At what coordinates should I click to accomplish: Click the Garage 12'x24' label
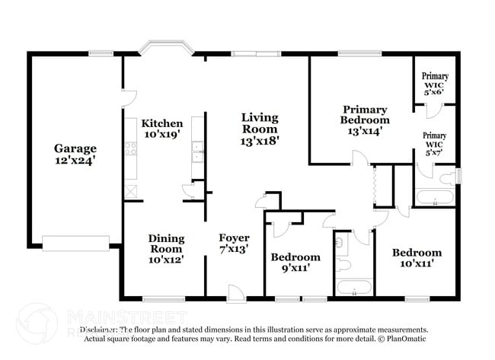pyautogui.click(x=75, y=155)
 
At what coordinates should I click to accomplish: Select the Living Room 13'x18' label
pyautogui.click(x=260, y=129)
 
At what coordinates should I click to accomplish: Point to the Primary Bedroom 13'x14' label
pyautogui.click(x=366, y=120)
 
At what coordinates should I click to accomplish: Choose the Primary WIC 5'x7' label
pyautogui.click(x=435, y=143)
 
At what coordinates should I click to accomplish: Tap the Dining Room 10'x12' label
pyautogui.click(x=166, y=249)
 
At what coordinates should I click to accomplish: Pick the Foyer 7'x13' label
pyautogui.click(x=234, y=244)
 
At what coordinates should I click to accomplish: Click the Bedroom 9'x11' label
pyautogui.click(x=295, y=263)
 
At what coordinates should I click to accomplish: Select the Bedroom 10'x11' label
pyautogui.click(x=417, y=258)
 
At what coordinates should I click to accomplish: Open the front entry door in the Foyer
pyautogui.click(x=235, y=292)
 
